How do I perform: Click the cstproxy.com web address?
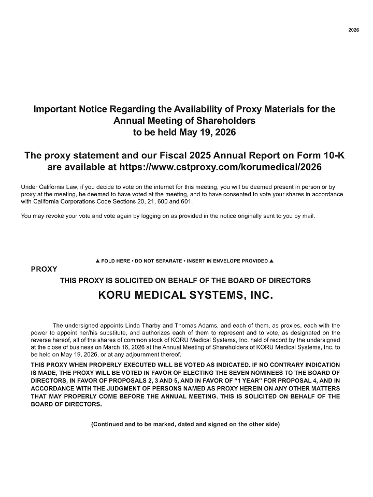221,167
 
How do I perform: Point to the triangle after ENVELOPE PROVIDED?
271,261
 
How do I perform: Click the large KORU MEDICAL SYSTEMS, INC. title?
185,296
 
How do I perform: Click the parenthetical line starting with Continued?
185,424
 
